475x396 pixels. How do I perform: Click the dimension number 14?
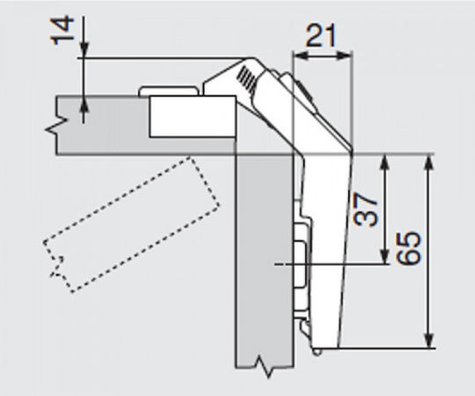pos(62,31)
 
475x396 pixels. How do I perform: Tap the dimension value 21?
pos(321,36)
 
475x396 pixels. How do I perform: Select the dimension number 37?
pos(366,209)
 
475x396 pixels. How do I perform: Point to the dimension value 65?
pos(409,248)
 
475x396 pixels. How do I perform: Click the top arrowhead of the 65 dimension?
pos(429,162)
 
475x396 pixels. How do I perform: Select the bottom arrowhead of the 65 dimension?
pos(429,340)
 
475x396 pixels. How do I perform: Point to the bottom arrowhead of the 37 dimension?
pos(384,256)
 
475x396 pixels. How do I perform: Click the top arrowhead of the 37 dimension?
pos(384,162)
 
